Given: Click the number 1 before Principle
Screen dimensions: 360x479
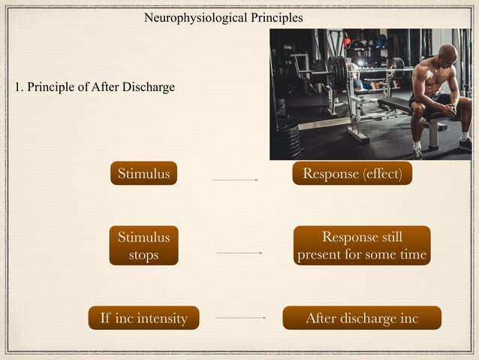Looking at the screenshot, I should (18, 87).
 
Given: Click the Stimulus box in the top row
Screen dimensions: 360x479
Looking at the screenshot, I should (143, 174).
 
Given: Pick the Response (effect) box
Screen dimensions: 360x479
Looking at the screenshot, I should (352, 174).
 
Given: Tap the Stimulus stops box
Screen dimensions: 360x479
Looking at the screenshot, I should (143, 246).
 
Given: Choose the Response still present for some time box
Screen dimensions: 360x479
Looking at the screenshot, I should (362, 246).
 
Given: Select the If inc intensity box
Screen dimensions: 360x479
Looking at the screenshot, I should (143, 319).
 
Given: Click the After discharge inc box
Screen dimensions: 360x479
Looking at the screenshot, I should (361, 319).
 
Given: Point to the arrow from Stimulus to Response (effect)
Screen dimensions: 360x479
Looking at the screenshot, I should (235, 180).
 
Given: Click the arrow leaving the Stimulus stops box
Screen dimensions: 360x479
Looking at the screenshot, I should (239, 253).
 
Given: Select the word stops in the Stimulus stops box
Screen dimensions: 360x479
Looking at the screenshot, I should (143, 255).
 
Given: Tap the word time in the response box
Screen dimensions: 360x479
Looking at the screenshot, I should (413, 255).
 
